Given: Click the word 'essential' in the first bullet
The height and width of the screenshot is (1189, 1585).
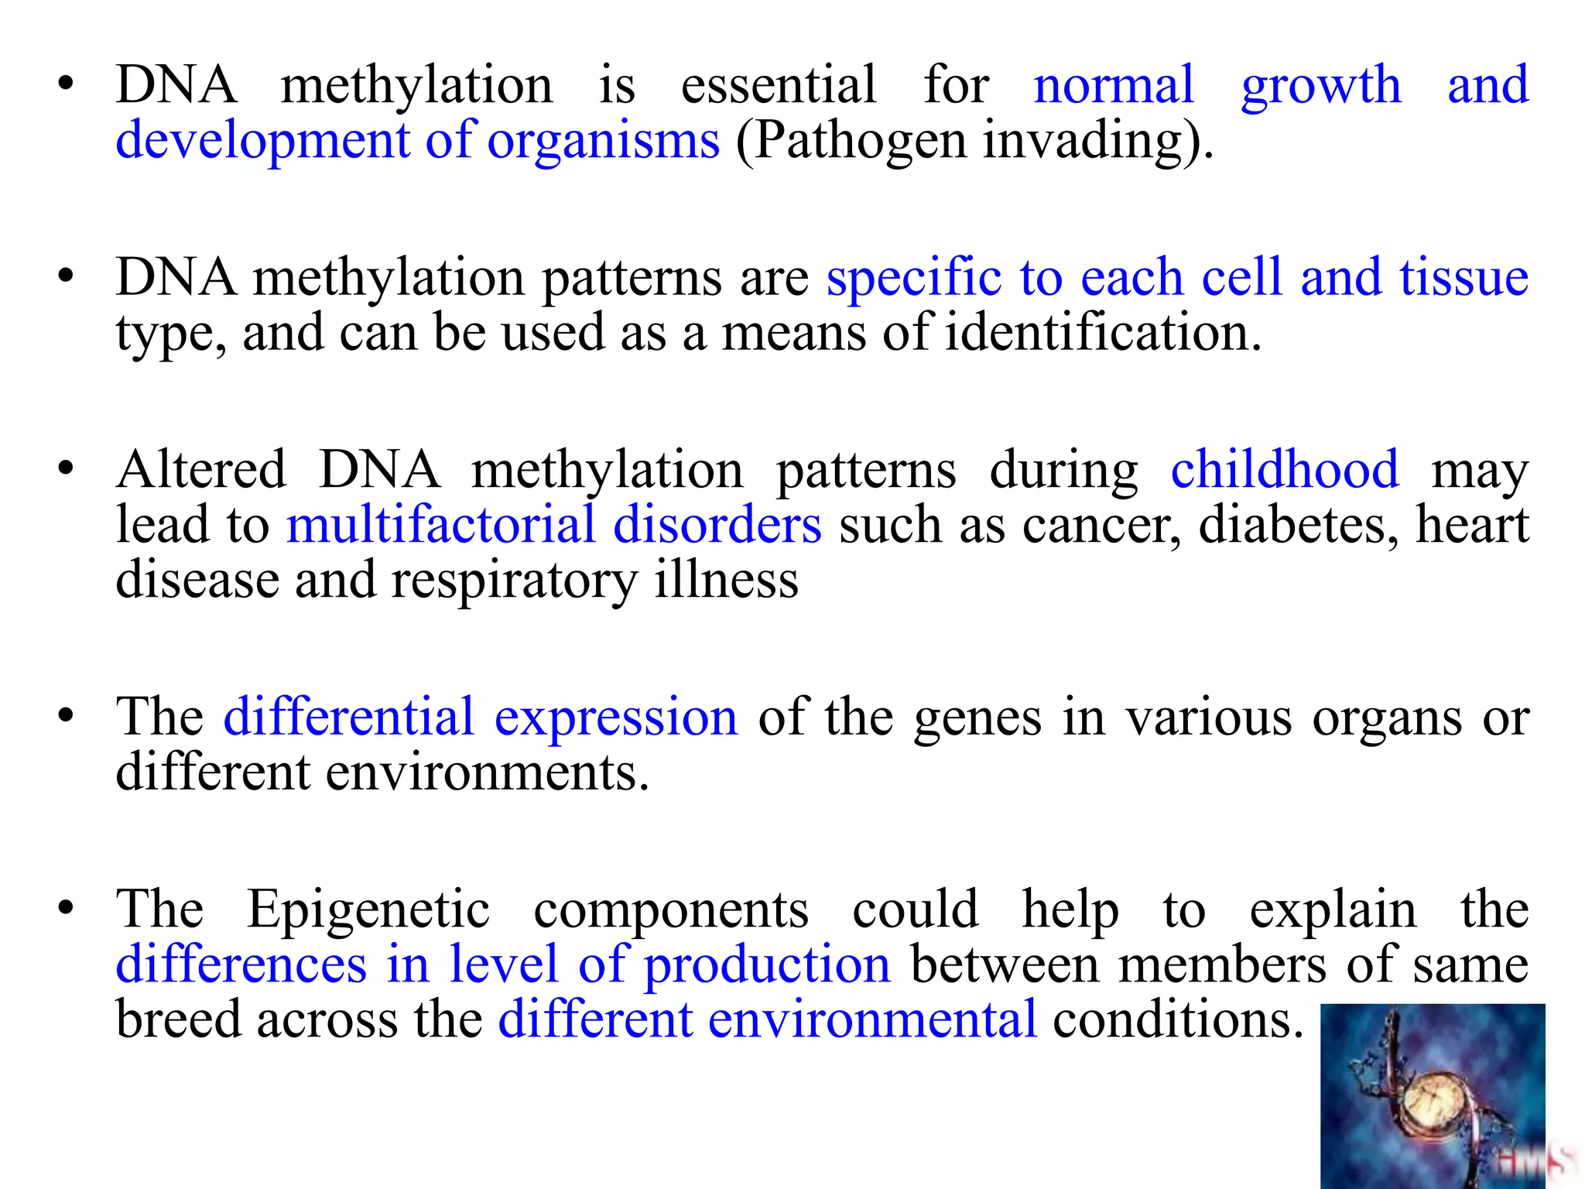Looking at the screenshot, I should (x=778, y=85).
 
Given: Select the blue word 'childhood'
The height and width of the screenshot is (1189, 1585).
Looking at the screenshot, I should (x=1284, y=470).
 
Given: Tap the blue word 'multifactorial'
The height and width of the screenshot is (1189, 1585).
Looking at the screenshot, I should (x=440, y=526).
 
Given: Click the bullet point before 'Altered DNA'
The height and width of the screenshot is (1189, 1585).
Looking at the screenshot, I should (x=66, y=469).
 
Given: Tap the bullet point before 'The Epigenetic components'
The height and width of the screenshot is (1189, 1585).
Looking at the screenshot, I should (x=66, y=909).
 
